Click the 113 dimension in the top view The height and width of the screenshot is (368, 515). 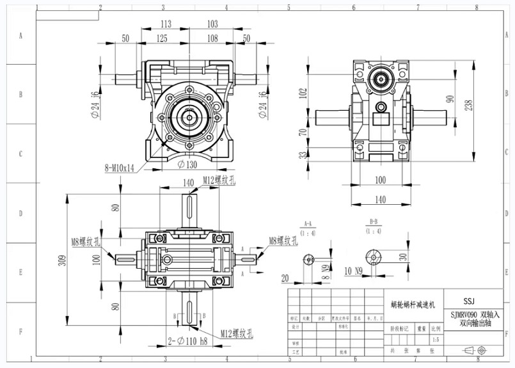click(x=166, y=24)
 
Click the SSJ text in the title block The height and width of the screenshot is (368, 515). click(x=469, y=300)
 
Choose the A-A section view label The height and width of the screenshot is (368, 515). click(x=308, y=224)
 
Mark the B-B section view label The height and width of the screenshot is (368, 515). click(x=373, y=221)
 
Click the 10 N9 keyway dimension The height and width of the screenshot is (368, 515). click(x=354, y=271)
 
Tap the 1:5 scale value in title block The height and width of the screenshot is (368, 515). click(x=436, y=339)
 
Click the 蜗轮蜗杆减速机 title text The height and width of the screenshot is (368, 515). click(x=413, y=305)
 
